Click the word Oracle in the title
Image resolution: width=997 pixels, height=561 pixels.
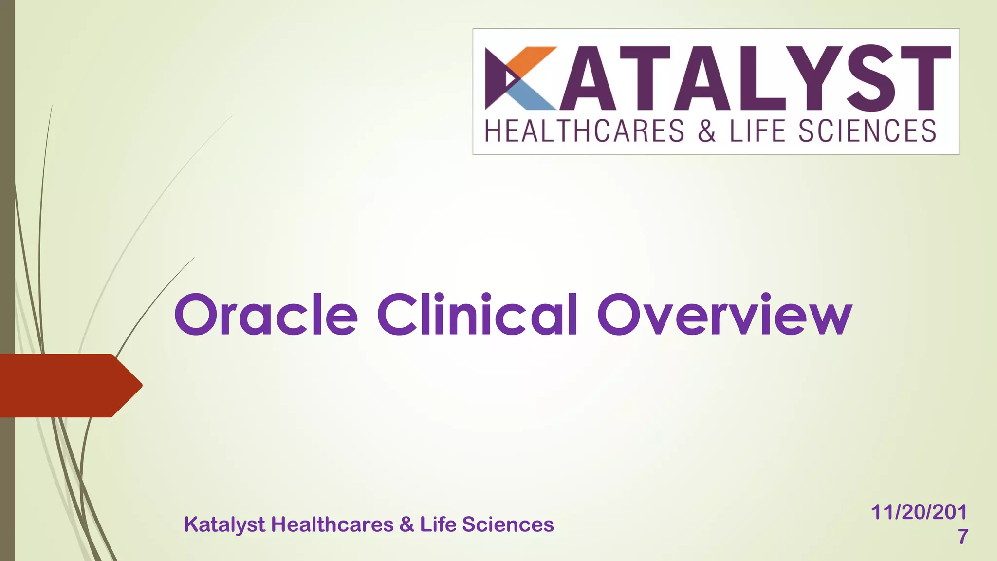click(266, 315)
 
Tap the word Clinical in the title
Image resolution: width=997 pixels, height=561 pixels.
click(477, 315)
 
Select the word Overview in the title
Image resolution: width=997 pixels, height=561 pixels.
click(724, 315)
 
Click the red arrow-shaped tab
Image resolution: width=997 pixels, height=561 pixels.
click(68, 385)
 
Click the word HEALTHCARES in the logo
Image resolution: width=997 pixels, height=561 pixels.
click(585, 131)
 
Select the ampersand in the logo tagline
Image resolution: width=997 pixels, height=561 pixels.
click(706, 131)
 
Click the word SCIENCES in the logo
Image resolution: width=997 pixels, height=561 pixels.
click(867, 131)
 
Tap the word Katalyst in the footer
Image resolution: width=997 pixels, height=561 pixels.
click(224, 525)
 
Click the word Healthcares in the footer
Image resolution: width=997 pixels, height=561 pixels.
click(332, 524)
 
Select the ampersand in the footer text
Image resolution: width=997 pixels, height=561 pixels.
click(406, 524)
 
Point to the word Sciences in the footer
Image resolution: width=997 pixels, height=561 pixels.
click(508, 524)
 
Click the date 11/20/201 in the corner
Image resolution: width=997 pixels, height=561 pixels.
click(919, 512)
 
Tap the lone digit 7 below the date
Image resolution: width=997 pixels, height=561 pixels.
click(962, 537)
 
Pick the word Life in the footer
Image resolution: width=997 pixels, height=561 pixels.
click(437, 524)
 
